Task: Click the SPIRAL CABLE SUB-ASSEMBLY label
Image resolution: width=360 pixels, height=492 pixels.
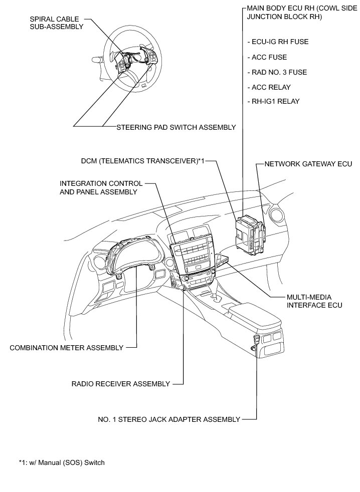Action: point(57,23)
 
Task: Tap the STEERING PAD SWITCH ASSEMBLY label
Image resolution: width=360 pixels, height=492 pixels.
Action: point(175,127)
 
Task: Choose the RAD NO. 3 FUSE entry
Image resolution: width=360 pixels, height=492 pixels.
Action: point(277,72)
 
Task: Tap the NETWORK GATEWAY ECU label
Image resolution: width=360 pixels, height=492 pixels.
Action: point(308,164)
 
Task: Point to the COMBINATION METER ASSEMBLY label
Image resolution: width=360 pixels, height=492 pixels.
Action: point(67,348)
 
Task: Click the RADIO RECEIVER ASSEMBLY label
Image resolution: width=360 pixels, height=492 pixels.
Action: point(121,384)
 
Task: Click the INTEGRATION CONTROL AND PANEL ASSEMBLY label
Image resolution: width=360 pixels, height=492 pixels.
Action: point(101,187)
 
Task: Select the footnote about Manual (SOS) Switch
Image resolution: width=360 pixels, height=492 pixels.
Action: point(61,462)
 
